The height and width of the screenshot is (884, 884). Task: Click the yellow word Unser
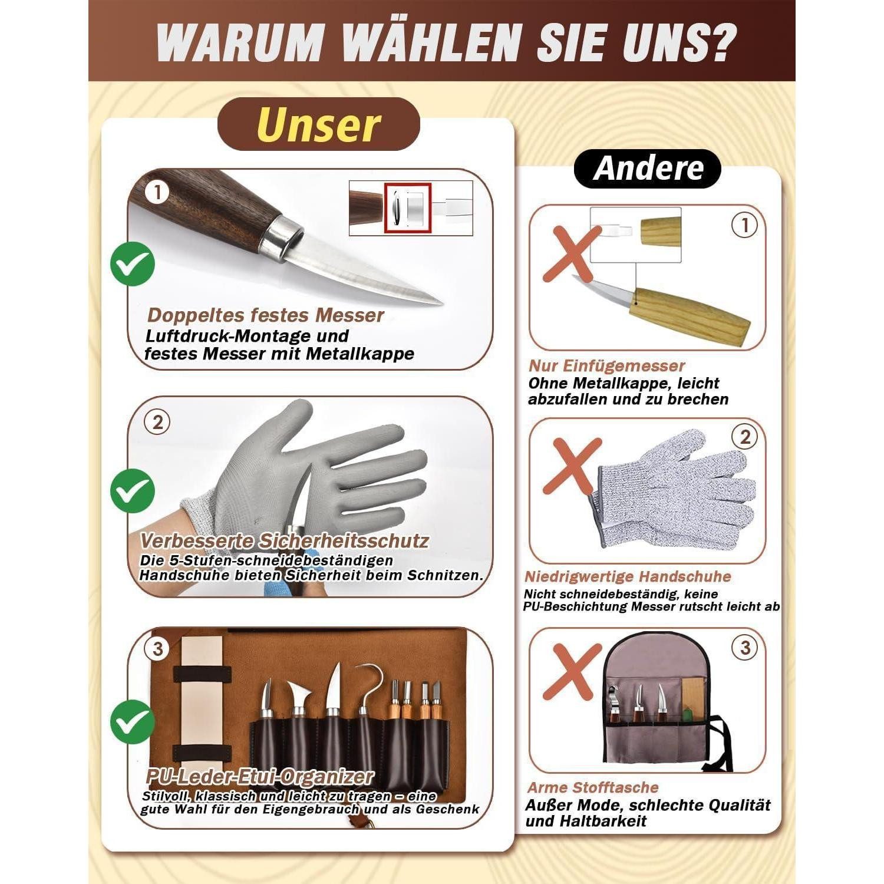pos(319,125)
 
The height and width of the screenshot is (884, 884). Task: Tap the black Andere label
pos(648,169)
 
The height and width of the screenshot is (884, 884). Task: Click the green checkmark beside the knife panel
pos(133,264)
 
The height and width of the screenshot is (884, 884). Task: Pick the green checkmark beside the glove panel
pos(133,490)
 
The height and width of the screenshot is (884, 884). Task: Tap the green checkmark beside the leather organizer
pos(133,722)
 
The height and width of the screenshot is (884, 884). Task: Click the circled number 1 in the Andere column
pos(745,225)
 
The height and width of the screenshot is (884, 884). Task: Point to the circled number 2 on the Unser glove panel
pos(157,423)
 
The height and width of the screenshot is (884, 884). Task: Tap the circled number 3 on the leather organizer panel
pos(157,649)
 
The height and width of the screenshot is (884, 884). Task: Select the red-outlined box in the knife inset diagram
pos(408,208)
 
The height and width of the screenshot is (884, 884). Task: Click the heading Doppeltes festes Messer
pos(266,315)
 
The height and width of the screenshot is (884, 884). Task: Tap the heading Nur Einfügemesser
pos(607,366)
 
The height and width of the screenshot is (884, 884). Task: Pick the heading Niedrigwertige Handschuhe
pos(628,576)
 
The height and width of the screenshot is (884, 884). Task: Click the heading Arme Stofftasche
pos(593,787)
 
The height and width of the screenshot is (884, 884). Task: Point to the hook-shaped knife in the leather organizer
pos(367,695)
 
